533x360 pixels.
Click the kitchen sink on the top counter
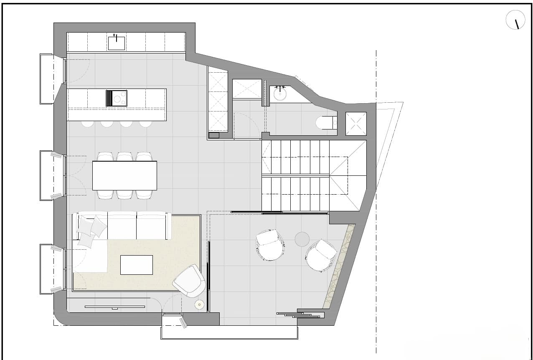pos(117,43)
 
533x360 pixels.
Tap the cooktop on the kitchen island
pos(117,99)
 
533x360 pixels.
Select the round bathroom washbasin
pos(280,94)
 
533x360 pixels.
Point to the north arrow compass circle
pos(515,20)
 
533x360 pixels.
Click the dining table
pos(124,175)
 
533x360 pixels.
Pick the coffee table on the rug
pos(137,265)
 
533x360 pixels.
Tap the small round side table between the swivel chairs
pos(302,239)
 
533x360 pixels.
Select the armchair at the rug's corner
pos(190,281)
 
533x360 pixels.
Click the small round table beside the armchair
pos(200,305)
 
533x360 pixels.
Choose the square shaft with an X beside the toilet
pos(356,124)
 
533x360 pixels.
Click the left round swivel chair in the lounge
pos(270,245)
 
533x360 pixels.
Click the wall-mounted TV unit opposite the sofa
pos(114,307)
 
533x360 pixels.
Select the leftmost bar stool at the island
pos(88,124)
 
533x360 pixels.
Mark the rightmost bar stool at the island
pos(145,124)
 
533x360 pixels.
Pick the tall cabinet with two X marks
pos(218,100)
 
